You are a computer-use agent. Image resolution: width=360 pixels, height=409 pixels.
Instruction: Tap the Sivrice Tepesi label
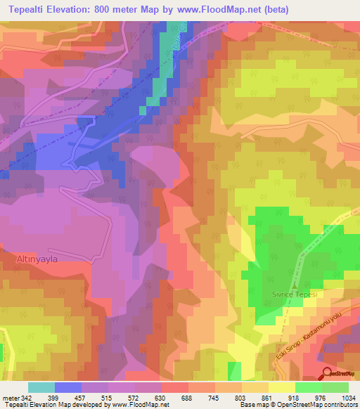click(295, 296)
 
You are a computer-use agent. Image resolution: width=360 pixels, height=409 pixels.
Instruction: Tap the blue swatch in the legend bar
click(68, 387)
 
